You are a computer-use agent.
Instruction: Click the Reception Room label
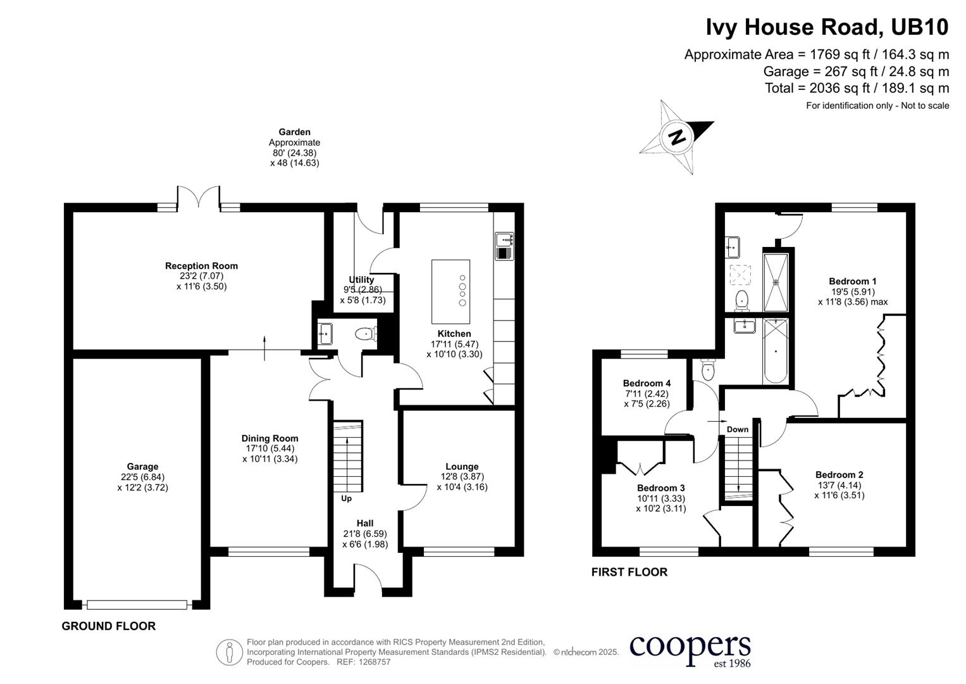201,266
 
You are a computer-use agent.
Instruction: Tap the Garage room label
142,466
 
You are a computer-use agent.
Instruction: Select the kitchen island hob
462,290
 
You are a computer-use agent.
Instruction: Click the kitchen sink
505,246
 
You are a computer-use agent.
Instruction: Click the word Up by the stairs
346,498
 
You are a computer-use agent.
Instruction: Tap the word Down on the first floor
738,429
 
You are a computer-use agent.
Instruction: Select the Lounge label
462,466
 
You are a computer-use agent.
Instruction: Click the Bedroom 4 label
647,383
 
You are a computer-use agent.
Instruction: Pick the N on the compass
677,137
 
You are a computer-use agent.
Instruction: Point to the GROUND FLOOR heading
108,626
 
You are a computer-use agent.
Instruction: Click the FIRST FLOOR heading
629,572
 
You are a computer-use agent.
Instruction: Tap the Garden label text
295,132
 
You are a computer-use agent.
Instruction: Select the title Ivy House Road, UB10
827,27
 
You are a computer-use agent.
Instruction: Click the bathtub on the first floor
776,351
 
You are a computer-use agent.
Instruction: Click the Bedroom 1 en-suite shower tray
776,282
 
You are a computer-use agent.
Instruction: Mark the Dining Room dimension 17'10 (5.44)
269,448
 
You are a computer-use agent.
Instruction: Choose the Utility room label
361,280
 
